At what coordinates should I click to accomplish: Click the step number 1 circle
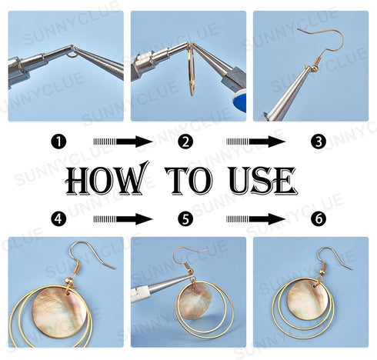pyautogui.click(x=58, y=142)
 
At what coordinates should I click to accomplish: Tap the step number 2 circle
pyautogui.click(x=185, y=142)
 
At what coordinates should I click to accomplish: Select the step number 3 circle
pyautogui.click(x=319, y=142)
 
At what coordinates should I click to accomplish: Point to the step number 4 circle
pyautogui.click(x=58, y=219)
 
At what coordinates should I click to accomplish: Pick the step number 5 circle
pyautogui.click(x=185, y=219)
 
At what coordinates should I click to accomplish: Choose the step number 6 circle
pyautogui.click(x=319, y=219)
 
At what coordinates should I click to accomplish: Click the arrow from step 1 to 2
pyautogui.click(x=123, y=142)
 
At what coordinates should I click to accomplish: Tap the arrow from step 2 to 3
pyautogui.click(x=255, y=142)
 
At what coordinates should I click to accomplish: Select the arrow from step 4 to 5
pyautogui.click(x=123, y=219)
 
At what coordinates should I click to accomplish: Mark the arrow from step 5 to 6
pyautogui.click(x=255, y=219)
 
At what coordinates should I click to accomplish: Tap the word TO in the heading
pyautogui.click(x=188, y=180)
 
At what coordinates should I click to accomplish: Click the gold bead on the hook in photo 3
pyautogui.click(x=313, y=68)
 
